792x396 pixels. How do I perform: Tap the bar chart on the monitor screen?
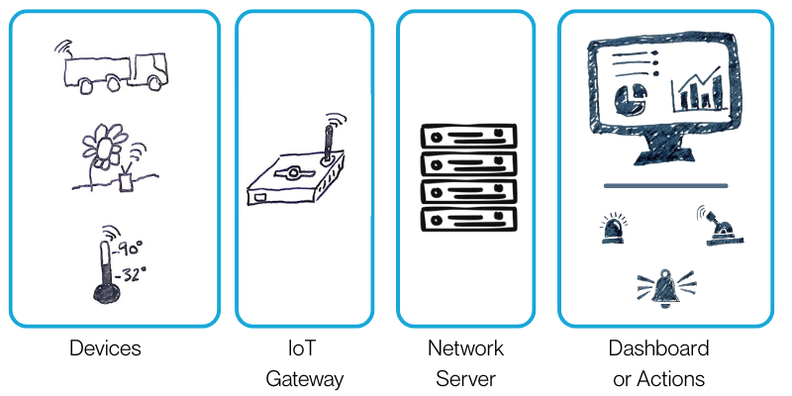point(699,91)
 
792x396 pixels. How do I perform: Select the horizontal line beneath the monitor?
point(665,186)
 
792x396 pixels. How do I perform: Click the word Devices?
point(105,348)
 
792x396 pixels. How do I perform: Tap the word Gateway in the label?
point(304,378)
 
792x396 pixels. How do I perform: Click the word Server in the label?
point(465,378)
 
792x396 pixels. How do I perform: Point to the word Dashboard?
point(658,348)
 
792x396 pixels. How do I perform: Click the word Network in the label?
point(465,348)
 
